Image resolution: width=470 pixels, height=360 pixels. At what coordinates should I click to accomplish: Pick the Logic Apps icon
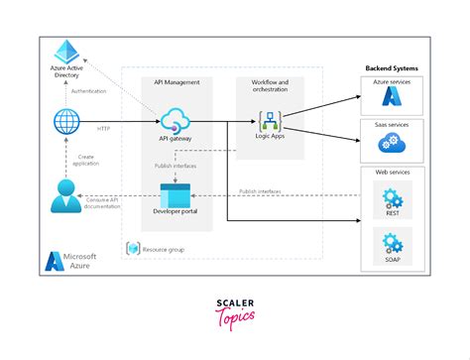tap(270, 123)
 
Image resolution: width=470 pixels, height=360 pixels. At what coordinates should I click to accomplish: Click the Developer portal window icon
tap(175, 192)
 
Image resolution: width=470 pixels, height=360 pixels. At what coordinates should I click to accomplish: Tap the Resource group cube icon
tap(132, 247)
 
